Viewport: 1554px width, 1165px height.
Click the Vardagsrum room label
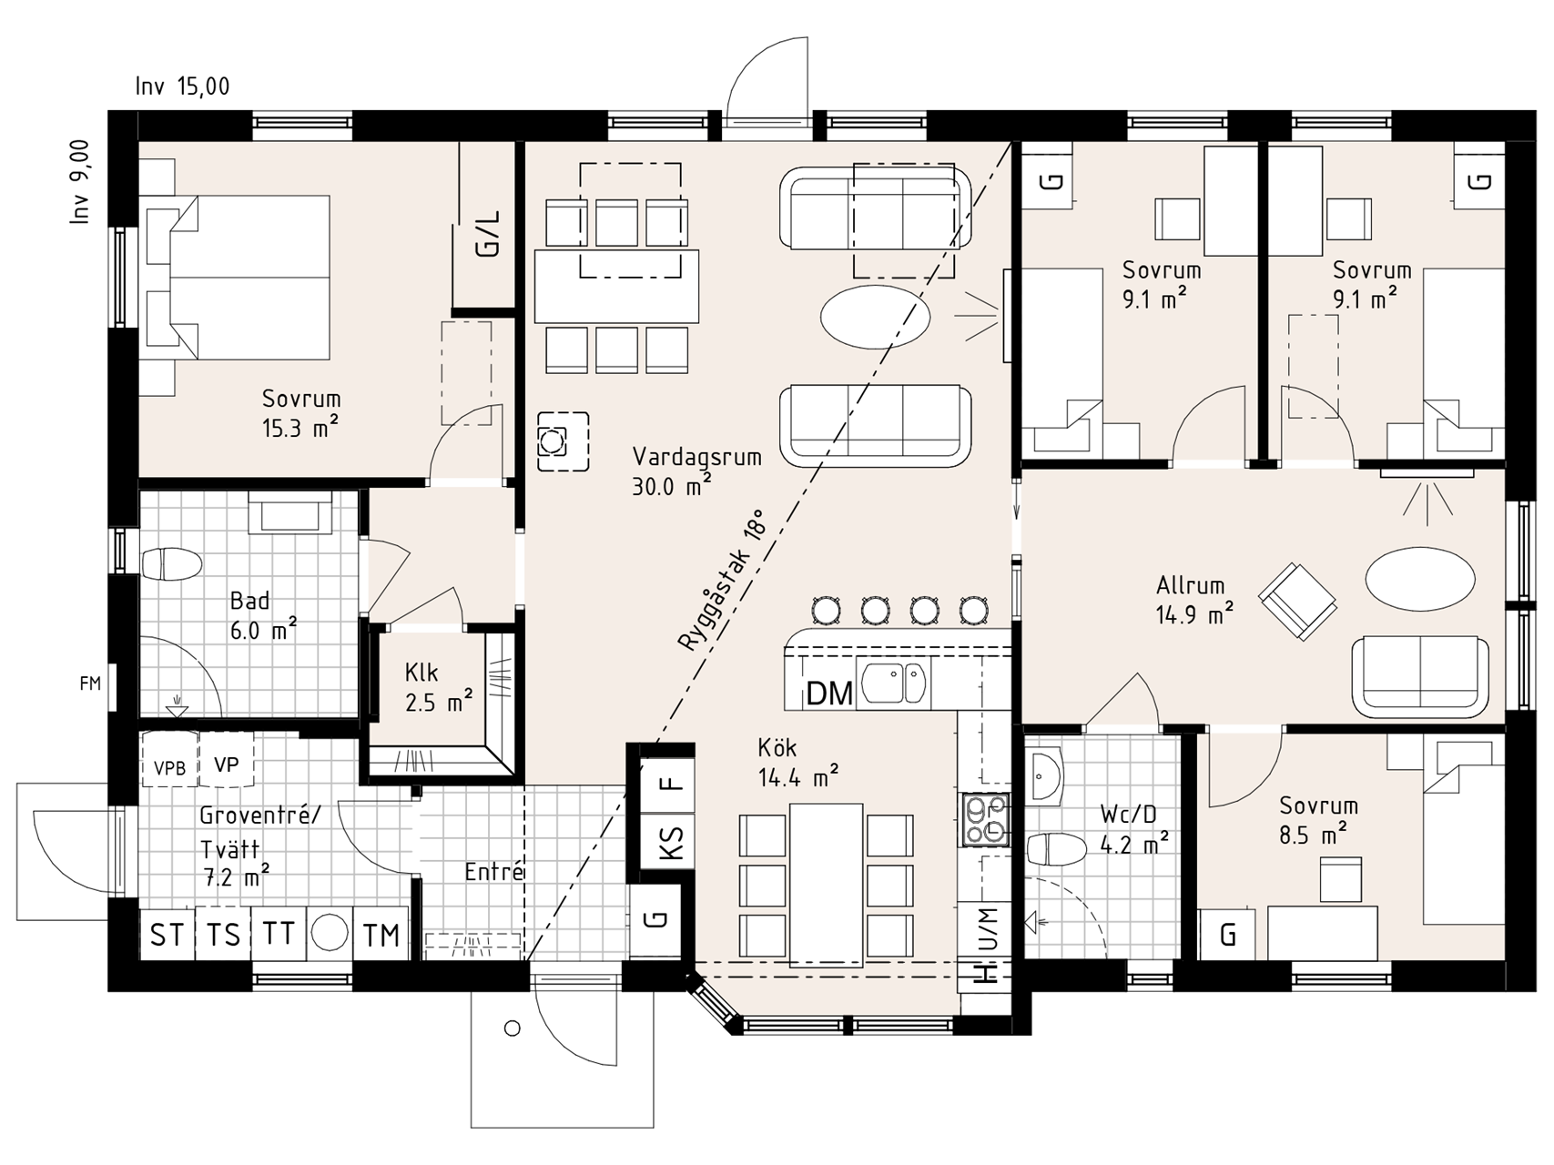click(696, 456)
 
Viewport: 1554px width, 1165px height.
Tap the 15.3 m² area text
click(300, 428)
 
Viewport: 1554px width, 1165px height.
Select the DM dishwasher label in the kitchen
click(829, 694)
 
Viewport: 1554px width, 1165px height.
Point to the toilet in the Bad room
click(172, 564)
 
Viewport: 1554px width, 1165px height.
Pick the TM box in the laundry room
click(381, 935)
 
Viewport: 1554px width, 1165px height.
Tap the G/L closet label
click(488, 235)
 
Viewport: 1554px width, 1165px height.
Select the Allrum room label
click(1190, 585)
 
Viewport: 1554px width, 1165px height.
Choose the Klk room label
click(422, 673)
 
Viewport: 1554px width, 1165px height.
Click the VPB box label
click(169, 768)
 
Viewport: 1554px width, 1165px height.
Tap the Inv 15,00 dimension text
click(182, 86)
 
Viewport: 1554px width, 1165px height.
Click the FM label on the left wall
click(90, 684)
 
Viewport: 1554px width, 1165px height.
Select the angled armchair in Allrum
click(1297, 601)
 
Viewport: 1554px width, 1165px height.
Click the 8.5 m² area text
click(1313, 835)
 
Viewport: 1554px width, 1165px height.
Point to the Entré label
click(494, 872)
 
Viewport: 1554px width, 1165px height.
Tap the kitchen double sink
click(894, 683)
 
